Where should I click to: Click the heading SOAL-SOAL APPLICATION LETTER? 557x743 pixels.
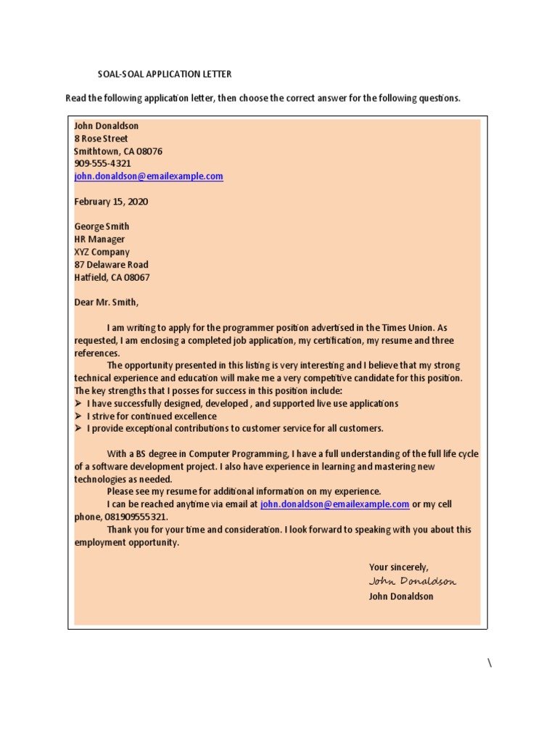pyautogui.click(x=165, y=74)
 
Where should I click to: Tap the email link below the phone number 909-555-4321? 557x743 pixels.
pyautogui.click(x=149, y=176)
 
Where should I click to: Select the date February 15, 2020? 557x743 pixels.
pyautogui.click(x=111, y=202)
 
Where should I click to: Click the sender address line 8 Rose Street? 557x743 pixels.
pyautogui.click(x=101, y=139)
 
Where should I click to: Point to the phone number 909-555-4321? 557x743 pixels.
pyautogui.click(x=102, y=164)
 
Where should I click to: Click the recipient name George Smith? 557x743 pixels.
pyautogui.click(x=102, y=226)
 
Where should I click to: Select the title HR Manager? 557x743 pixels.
pyautogui.click(x=99, y=239)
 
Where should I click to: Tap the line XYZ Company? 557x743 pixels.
pyautogui.click(x=102, y=252)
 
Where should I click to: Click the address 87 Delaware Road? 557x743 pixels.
pyautogui.click(x=111, y=265)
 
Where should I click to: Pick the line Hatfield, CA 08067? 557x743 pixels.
pyautogui.click(x=112, y=277)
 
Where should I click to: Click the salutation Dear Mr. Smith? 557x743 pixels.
pyautogui.click(x=106, y=303)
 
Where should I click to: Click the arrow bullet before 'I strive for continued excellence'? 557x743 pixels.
pyautogui.click(x=78, y=416)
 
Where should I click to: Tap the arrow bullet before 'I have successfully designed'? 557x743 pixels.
pyautogui.click(x=78, y=403)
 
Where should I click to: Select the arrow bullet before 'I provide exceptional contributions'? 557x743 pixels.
pyautogui.click(x=78, y=429)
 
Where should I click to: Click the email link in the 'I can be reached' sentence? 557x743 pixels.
pyautogui.click(x=334, y=504)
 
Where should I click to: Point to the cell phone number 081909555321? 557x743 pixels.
pyautogui.click(x=136, y=517)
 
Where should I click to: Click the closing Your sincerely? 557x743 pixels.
pyautogui.click(x=398, y=567)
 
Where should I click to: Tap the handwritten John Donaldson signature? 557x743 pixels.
pyautogui.click(x=413, y=581)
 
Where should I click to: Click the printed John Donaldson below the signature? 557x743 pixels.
pyautogui.click(x=401, y=596)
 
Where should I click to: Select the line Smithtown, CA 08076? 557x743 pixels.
pyautogui.click(x=118, y=151)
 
